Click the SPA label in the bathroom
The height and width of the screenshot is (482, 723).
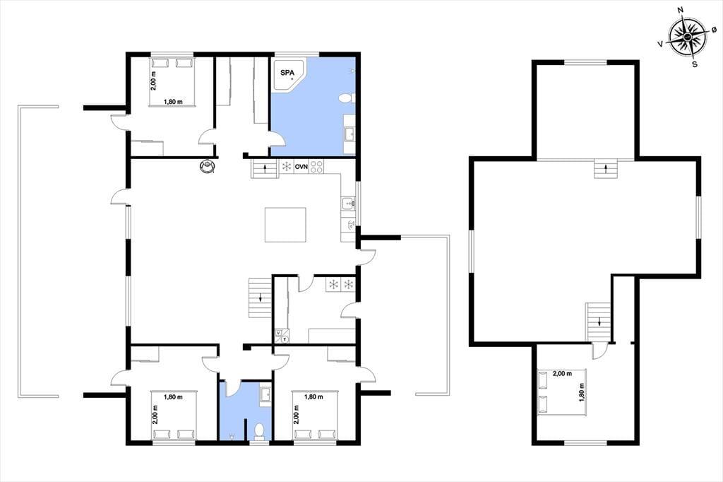pos(287,73)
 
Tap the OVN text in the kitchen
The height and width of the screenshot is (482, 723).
pos(301,166)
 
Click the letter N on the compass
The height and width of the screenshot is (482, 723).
pos(680,23)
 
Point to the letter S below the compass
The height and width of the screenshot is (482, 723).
pos(695,64)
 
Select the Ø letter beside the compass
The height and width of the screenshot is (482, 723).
pos(714,29)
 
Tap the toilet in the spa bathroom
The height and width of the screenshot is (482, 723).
pos(347,98)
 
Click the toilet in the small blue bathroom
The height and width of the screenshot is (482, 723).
pos(259,431)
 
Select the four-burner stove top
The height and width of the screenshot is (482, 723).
pos(316,166)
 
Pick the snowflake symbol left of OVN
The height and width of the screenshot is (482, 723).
pos(287,166)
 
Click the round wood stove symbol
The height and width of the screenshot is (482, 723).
pos(208,166)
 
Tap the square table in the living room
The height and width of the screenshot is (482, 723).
pos(285,225)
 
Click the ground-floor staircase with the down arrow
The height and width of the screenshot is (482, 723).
pos(261,298)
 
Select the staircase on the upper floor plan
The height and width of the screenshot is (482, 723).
pos(599,322)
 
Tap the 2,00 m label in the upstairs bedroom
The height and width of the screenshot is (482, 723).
pos(562,373)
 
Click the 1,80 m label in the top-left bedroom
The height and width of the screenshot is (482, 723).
pos(173,102)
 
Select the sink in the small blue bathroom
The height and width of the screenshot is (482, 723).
pos(265,395)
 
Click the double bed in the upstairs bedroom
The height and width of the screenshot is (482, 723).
pos(561,392)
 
